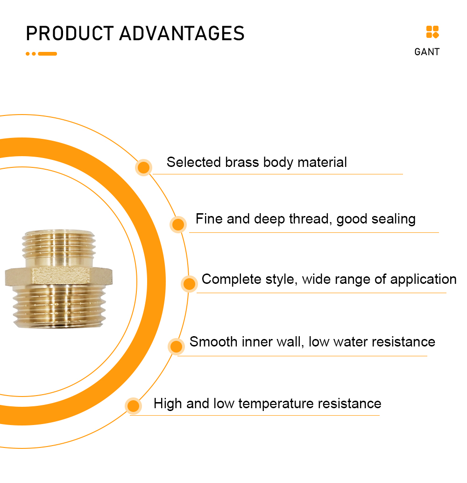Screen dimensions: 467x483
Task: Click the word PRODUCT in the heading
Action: pos(70,33)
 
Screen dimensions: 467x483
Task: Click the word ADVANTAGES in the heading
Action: pos(182,33)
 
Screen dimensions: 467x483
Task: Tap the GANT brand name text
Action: pos(427,52)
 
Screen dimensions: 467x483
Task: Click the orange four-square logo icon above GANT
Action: pos(432,32)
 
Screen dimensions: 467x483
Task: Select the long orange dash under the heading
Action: pos(47,54)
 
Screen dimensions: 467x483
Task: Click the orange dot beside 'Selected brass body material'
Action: pos(143,167)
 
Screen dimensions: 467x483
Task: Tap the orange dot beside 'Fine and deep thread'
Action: pos(178,224)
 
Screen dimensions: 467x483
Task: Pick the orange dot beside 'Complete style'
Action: pos(189,284)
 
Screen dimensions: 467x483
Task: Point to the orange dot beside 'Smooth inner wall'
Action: pos(176,346)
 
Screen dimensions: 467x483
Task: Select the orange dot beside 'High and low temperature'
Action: pos(133,406)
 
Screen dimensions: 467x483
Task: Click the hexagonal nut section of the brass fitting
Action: pos(59,276)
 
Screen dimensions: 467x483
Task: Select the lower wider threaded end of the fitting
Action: pos(59,307)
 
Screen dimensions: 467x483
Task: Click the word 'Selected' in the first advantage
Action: pos(194,162)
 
